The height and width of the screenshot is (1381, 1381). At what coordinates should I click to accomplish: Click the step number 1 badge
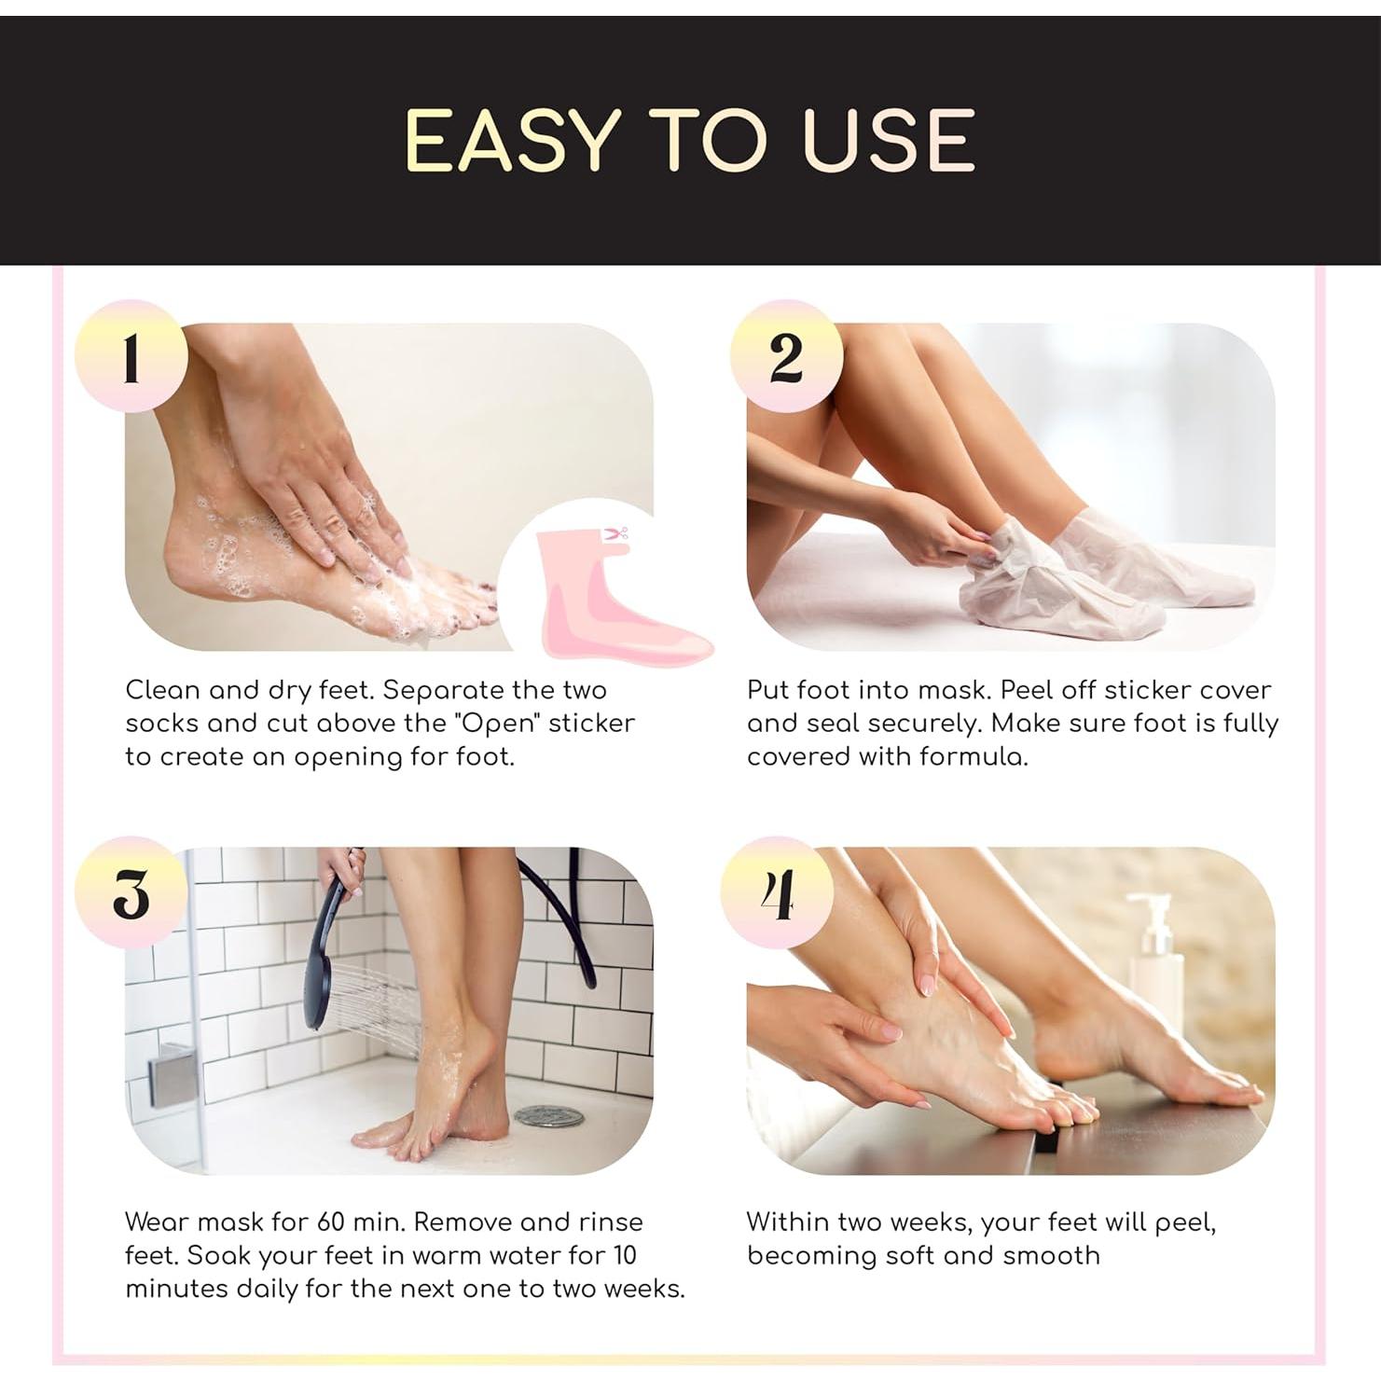click(x=131, y=356)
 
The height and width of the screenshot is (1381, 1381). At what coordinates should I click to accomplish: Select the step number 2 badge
click(x=786, y=356)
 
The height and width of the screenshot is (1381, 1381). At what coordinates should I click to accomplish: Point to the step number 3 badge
click(x=131, y=893)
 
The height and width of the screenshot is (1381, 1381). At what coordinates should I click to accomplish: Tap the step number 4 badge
click(x=777, y=893)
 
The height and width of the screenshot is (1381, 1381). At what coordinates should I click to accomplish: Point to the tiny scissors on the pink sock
click(x=615, y=534)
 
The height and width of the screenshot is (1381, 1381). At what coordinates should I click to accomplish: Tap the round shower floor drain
click(x=548, y=1114)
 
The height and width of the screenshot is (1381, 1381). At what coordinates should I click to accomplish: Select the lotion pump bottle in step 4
click(x=1157, y=965)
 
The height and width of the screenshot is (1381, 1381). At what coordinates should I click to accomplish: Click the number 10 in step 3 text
click(x=624, y=1255)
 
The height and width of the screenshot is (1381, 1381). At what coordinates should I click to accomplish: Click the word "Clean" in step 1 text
click(x=163, y=690)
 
